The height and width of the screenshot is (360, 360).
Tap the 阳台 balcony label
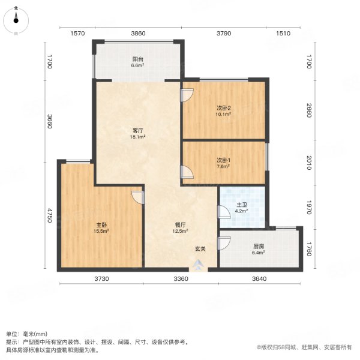(x=138, y=59)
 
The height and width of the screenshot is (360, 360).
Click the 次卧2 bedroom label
(x=224, y=108)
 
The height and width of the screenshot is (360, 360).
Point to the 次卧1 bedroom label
(x=224, y=160)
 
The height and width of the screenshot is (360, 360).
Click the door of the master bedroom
(x=139, y=198)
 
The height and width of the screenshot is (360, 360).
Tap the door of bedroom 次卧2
(x=187, y=95)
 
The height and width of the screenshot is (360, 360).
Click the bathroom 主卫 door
(x=223, y=213)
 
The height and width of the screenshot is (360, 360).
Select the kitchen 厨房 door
(x=224, y=244)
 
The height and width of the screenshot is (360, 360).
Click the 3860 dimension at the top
(x=139, y=34)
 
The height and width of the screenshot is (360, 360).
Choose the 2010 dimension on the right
(x=308, y=163)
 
